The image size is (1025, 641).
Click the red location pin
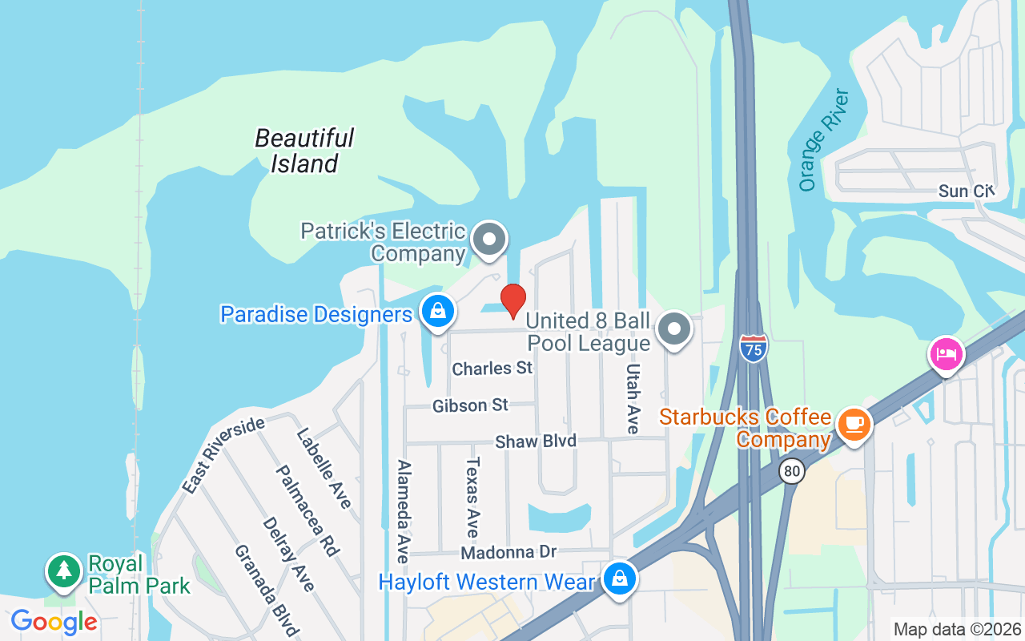tap(512, 301)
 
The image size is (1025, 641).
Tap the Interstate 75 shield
tap(753, 348)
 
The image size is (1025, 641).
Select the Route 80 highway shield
tap(792, 471)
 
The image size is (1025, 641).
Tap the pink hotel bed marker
tap(947, 353)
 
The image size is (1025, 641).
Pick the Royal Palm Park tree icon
tap(63, 570)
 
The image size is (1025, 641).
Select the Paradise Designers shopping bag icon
tap(437, 312)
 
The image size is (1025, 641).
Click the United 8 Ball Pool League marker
tap(674, 329)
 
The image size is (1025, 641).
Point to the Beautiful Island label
tap(304, 151)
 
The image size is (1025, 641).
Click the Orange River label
tap(823, 140)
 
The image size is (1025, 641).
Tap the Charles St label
tap(492, 369)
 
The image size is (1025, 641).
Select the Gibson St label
tap(470, 406)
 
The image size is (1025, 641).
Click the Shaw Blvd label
tap(536, 441)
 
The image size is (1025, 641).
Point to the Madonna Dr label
tap(508, 553)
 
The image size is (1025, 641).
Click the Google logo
tap(54, 622)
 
